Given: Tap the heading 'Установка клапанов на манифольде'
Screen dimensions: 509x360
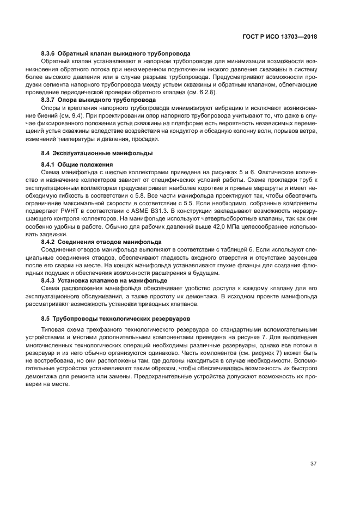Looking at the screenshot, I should pos(113,279).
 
